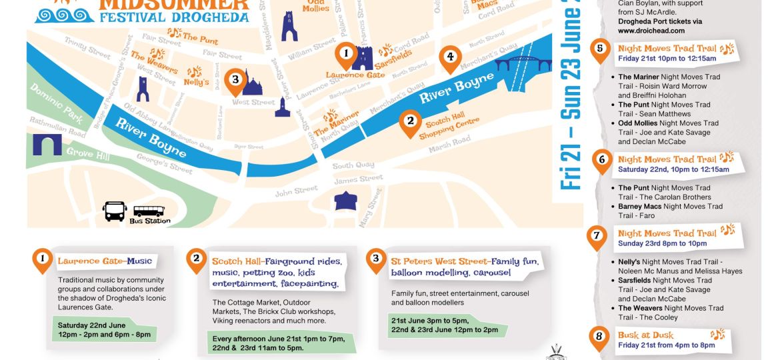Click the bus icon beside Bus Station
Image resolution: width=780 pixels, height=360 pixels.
[x=115, y=211]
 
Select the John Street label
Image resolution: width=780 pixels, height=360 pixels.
[x=297, y=191]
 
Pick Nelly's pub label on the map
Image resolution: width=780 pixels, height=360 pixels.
[x=197, y=82]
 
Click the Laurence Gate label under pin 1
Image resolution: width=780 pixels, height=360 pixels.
[x=355, y=75]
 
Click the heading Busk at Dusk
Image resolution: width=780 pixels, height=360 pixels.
[x=645, y=335]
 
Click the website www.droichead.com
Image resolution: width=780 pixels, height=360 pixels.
[x=651, y=31]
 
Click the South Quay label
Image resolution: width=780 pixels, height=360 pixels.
[x=353, y=165]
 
